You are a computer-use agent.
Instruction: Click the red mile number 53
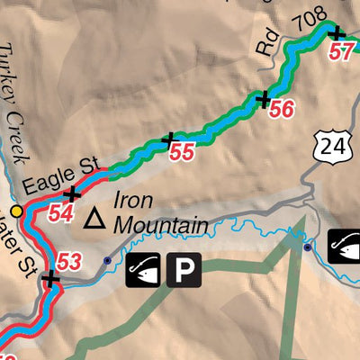point(68,263)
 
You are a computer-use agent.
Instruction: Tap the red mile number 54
point(60,214)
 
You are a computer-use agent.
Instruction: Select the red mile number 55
point(182,154)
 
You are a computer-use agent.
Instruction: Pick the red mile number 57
point(342,51)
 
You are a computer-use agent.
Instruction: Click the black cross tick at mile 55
point(167,139)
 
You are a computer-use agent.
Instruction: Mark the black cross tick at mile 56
point(264,98)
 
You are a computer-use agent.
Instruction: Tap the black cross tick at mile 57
point(336,34)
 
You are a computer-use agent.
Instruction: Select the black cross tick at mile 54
point(71,194)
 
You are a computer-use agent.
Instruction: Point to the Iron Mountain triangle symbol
point(94,218)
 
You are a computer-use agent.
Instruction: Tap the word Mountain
point(162,225)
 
